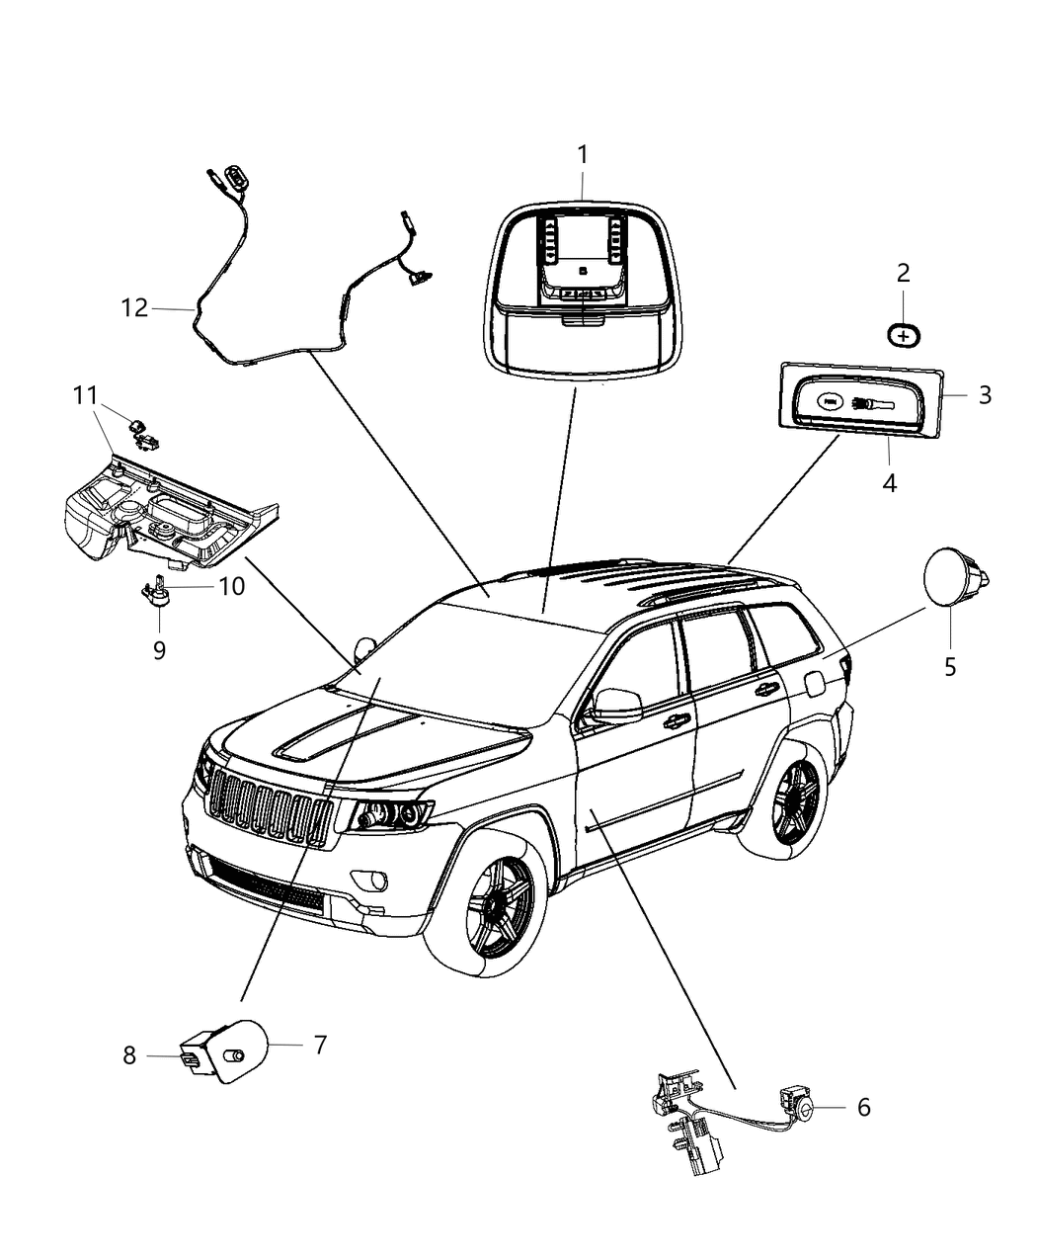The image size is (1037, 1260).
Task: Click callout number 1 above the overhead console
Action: (x=583, y=154)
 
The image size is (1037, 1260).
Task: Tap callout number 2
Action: (x=903, y=272)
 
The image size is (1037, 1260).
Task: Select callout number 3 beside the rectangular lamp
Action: (x=984, y=394)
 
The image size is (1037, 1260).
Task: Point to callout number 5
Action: (x=950, y=667)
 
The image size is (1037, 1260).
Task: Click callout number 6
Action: (x=863, y=1107)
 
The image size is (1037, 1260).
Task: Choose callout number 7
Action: (x=319, y=1045)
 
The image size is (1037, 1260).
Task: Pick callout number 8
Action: (x=129, y=1055)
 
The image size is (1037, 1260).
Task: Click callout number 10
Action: (x=231, y=586)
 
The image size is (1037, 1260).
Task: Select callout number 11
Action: (x=85, y=395)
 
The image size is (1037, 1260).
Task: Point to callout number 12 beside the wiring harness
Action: (x=134, y=307)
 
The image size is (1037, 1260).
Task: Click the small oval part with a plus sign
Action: (x=903, y=335)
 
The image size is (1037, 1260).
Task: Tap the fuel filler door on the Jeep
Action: (x=817, y=682)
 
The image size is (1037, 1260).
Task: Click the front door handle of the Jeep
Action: (x=677, y=720)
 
